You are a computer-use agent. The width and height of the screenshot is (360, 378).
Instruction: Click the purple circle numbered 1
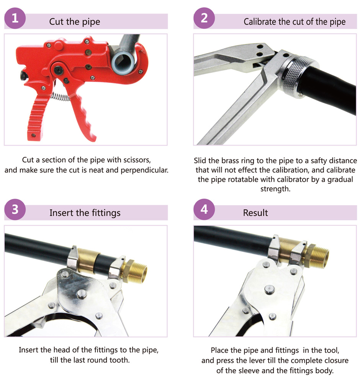[x=15, y=18]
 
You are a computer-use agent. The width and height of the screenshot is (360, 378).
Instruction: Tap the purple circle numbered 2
[x=204, y=18]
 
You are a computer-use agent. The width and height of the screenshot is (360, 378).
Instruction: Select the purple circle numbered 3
[x=15, y=210]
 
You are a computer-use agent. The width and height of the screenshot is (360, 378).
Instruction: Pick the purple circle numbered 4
[x=204, y=209]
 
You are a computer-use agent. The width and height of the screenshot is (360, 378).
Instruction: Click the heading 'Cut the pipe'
[x=75, y=22]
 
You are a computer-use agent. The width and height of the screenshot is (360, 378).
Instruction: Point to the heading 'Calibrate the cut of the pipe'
[x=295, y=22]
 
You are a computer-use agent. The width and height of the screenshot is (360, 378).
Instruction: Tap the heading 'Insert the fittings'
[x=85, y=213]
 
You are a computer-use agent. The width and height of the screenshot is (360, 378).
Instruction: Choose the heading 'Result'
[x=255, y=213]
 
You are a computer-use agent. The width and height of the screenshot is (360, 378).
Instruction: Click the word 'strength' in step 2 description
[x=275, y=189]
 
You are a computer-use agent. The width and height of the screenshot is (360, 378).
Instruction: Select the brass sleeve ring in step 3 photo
[x=88, y=261]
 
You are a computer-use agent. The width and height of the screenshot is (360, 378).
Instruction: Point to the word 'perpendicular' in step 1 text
[x=144, y=170]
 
